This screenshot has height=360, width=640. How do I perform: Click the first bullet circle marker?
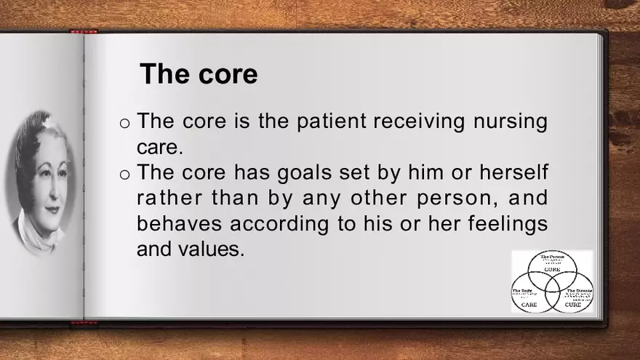pyautogui.click(x=124, y=122)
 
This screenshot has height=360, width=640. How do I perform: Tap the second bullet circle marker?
pyautogui.click(x=124, y=174)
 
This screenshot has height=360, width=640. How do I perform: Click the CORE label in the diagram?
pyautogui.click(x=552, y=269)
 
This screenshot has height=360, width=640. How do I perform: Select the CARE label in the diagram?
pyautogui.click(x=529, y=305)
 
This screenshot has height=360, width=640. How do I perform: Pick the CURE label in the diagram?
pyautogui.click(x=572, y=305)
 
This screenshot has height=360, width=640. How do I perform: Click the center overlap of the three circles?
pyautogui.click(x=552, y=286)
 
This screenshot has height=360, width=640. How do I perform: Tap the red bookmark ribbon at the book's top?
pyautogui.click(x=84, y=31)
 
